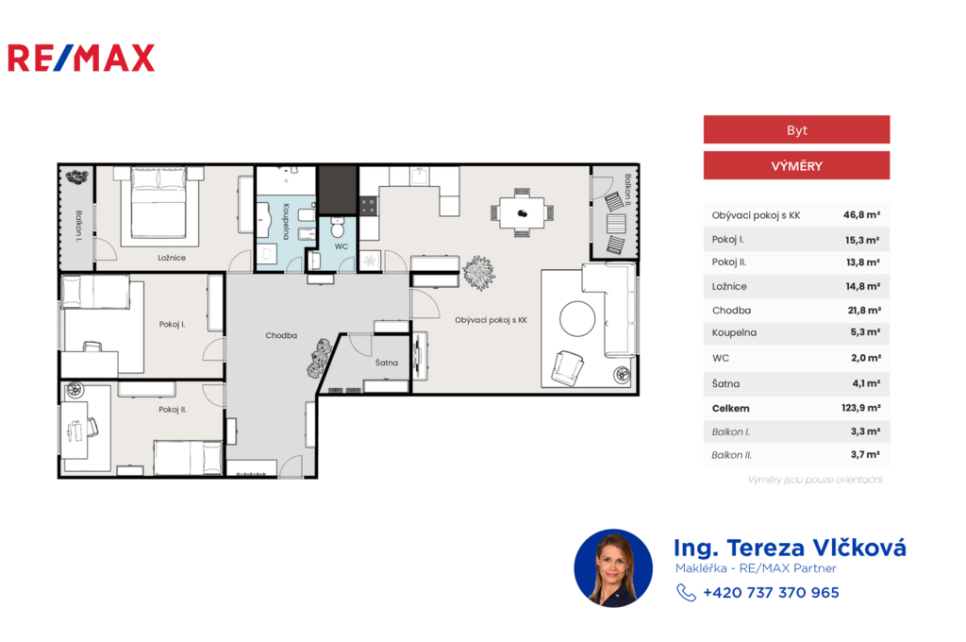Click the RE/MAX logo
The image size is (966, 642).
[x=81, y=58]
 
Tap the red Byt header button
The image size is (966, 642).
[x=796, y=129]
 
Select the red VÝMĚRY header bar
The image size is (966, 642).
[x=796, y=165]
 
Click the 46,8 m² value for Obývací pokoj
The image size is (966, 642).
[x=861, y=214]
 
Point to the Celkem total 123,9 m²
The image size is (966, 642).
[x=860, y=408]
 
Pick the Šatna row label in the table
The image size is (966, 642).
[x=725, y=383]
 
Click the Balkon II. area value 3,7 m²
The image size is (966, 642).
[x=865, y=454]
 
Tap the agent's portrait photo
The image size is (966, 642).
[x=613, y=568]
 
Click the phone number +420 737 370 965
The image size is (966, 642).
[x=771, y=593]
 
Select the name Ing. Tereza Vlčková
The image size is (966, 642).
[x=790, y=548]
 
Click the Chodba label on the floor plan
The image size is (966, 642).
[x=281, y=335]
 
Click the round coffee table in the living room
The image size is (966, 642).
[x=577, y=319]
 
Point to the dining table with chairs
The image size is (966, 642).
[x=522, y=212]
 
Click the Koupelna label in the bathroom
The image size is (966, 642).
[x=286, y=222]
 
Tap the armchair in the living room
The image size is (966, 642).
[x=567, y=367]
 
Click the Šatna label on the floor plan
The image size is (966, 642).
[x=386, y=363]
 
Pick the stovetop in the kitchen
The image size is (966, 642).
[x=369, y=206]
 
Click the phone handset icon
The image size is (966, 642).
[x=686, y=593]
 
